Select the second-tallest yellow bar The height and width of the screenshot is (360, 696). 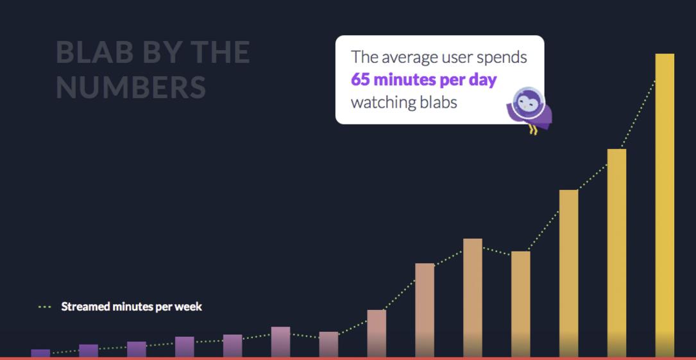tap(616, 253)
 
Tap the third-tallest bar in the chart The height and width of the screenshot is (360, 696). tap(568, 273)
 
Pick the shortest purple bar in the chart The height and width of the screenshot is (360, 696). tap(40, 354)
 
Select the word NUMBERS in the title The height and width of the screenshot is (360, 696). tap(131, 87)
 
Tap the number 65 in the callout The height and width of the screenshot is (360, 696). tap(360, 80)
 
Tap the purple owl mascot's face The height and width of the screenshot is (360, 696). tap(528, 103)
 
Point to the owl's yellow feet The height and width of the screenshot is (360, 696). tap(532, 130)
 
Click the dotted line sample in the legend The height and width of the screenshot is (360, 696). tap(45, 307)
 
